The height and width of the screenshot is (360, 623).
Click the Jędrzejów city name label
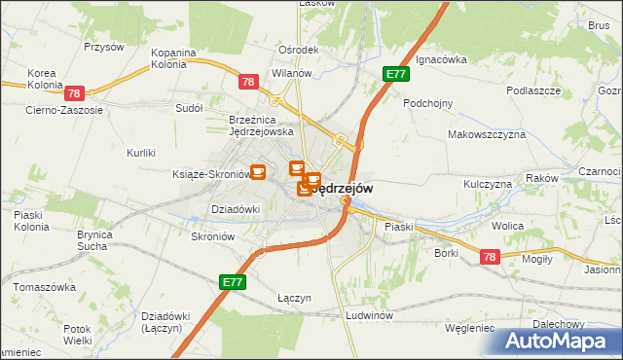point(341,188)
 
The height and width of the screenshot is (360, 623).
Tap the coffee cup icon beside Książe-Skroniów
point(258,172)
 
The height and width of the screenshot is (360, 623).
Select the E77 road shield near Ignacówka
point(394,74)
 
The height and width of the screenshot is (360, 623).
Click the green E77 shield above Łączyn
point(232,282)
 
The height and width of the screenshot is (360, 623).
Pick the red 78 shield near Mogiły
point(490,255)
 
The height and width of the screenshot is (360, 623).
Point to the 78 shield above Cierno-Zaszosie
point(75,93)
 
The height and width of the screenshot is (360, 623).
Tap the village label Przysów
point(103,46)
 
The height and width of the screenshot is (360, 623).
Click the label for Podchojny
point(428,102)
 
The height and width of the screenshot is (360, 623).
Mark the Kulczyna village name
point(488,183)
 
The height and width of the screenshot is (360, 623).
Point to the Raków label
point(541,178)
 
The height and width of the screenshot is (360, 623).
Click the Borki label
point(447,253)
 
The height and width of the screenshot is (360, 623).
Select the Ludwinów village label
point(369,316)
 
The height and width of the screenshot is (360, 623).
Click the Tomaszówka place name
point(45,287)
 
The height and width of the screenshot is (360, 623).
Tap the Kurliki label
point(142,153)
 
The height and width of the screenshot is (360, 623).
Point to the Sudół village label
point(187,109)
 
